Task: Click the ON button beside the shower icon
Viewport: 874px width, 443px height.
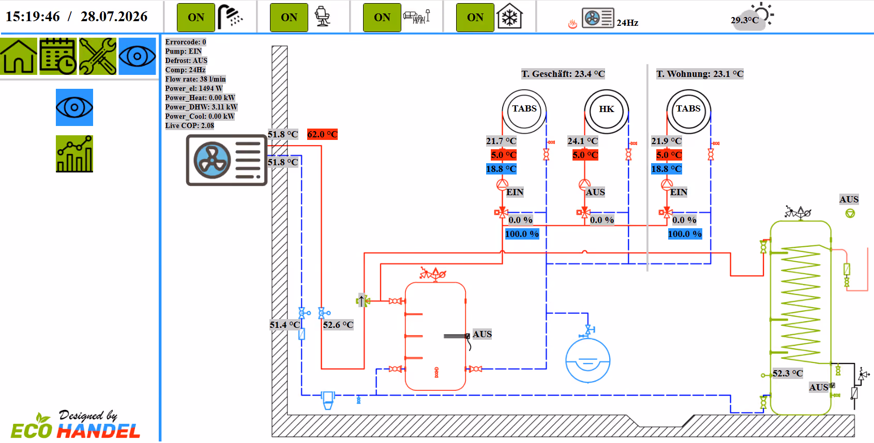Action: (x=196, y=17)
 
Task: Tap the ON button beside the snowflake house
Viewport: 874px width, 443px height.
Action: (x=475, y=17)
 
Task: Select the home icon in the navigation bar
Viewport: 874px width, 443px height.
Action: (x=19, y=56)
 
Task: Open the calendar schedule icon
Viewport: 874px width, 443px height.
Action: (x=58, y=56)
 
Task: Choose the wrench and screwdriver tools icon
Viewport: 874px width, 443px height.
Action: (x=98, y=56)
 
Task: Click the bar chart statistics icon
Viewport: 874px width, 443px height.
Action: (x=74, y=154)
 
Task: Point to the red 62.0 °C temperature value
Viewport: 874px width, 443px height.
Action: (x=322, y=134)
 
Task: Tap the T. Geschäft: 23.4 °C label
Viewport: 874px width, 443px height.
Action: (x=563, y=74)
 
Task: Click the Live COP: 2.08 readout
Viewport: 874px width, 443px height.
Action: (x=190, y=125)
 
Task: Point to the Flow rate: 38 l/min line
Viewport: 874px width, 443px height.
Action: (x=195, y=79)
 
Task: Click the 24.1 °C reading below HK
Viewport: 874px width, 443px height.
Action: (x=582, y=141)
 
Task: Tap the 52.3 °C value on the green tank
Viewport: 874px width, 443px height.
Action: (x=788, y=373)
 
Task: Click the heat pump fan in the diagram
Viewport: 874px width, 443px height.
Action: (x=212, y=160)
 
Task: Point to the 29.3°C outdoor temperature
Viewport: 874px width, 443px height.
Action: (x=745, y=20)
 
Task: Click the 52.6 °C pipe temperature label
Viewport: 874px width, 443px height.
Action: (x=338, y=325)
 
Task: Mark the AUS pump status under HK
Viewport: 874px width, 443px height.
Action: (x=595, y=192)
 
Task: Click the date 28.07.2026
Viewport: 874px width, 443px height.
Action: (x=114, y=17)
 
